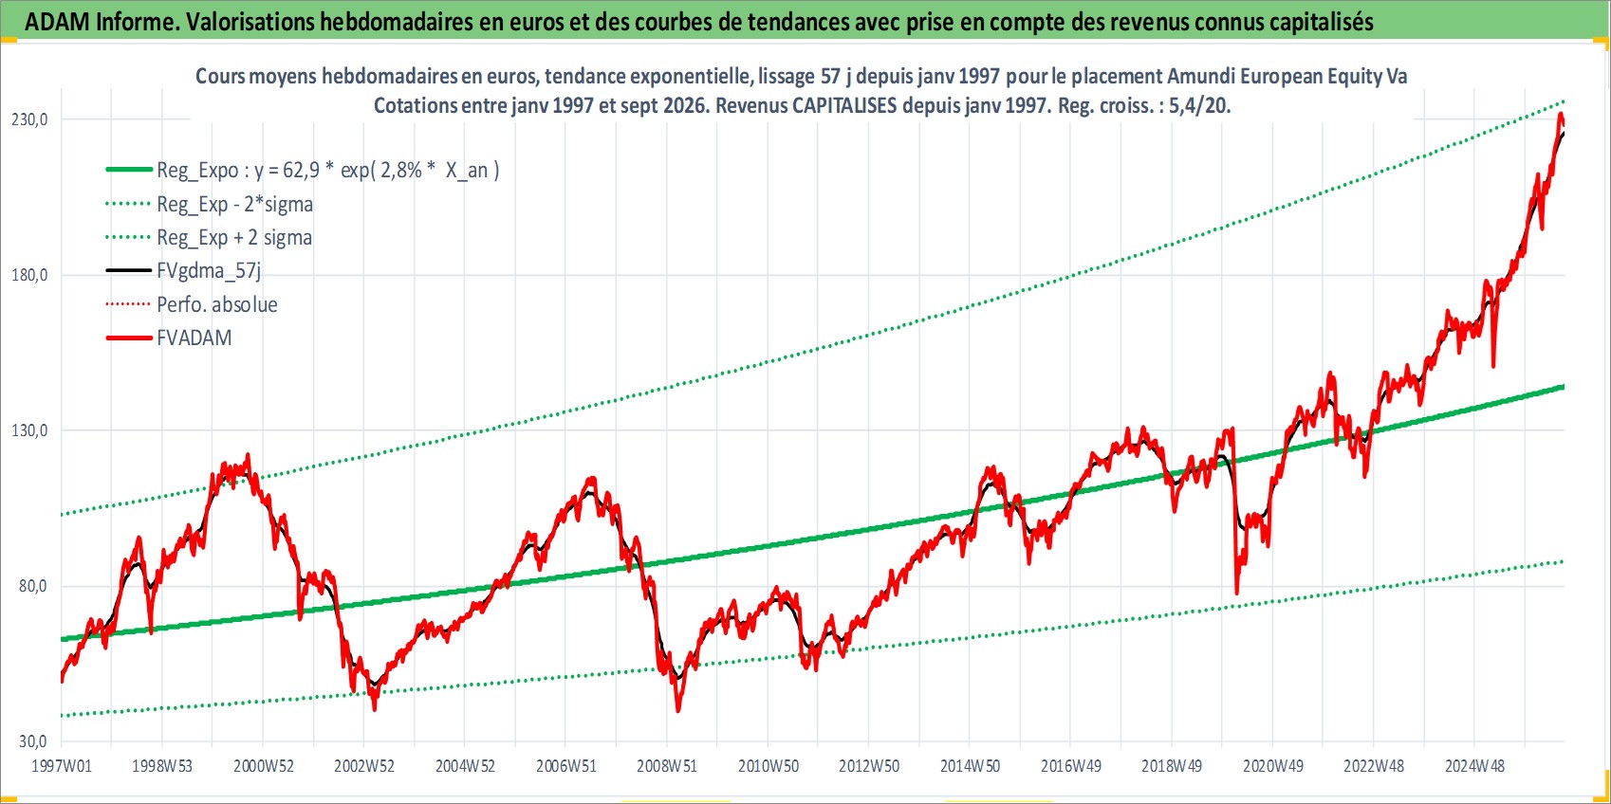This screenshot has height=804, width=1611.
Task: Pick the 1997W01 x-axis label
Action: click(x=62, y=766)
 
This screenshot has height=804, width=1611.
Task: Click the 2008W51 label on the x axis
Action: click(x=667, y=766)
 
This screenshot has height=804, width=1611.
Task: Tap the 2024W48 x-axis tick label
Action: click(x=1474, y=766)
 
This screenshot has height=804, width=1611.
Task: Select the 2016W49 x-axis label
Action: click(x=1071, y=766)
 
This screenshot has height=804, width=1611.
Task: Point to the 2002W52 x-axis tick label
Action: click(x=364, y=766)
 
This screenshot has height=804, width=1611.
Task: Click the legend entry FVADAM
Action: click(x=194, y=338)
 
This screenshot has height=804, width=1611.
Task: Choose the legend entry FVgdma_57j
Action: click(x=209, y=271)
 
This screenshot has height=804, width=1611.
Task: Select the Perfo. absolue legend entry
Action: click(x=217, y=304)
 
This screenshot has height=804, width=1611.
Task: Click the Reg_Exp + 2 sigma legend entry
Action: click(x=234, y=238)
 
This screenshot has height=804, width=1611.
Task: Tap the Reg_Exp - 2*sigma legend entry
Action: click(x=235, y=205)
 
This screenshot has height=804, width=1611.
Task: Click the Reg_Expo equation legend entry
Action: click(x=328, y=171)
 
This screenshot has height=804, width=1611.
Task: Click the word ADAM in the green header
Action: click(x=58, y=22)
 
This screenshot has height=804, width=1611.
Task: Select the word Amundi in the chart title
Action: click(x=1198, y=76)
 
